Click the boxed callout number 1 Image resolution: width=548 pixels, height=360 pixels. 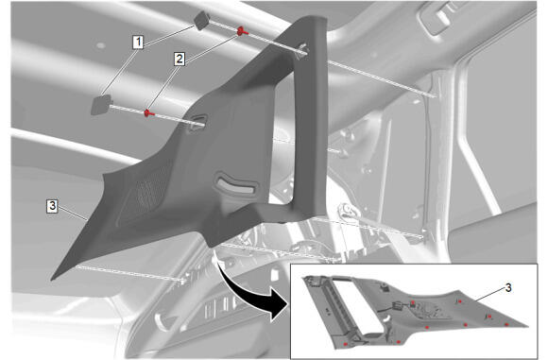coord(138,42)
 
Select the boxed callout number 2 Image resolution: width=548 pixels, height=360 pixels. coord(180,59)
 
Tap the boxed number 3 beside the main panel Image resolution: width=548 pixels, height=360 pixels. coord(52,206)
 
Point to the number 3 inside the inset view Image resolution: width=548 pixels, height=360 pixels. coord(508,287)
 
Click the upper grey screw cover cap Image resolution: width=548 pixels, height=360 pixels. coord(201,21)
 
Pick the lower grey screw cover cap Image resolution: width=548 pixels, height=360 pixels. coord(101,105)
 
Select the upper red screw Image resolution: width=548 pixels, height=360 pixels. coord(242,31)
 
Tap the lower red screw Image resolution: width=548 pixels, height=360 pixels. coord(149,113)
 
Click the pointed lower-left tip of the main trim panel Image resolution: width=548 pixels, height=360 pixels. coord(52,280)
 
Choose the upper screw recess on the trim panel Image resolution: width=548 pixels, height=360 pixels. coord(302,49)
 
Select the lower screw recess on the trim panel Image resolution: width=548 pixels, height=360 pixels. coord(197,123)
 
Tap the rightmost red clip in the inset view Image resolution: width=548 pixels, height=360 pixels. coord(506,325)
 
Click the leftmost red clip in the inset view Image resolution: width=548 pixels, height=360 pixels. coord(346,344)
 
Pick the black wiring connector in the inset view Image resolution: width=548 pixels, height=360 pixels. coord(398,305)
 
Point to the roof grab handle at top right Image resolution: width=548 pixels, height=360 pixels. coord(440,17)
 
